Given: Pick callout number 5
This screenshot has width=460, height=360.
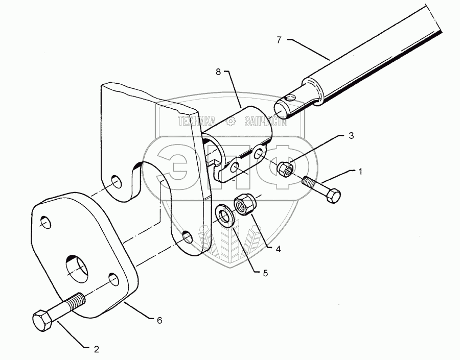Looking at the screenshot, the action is click(x=265, y=273).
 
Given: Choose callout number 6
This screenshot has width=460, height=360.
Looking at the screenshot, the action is click(x=159, y=320).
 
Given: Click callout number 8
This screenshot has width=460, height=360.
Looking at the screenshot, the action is click(x=218, y=73).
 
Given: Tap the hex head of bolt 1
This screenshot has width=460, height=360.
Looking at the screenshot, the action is click(x=333, y=196).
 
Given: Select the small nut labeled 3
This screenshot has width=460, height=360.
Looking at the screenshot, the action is click(x=285, y=168).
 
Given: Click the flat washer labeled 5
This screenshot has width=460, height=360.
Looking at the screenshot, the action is click(x=223, y=215).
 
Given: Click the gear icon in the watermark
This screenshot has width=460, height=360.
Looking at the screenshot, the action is click(x=231, y=121).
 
